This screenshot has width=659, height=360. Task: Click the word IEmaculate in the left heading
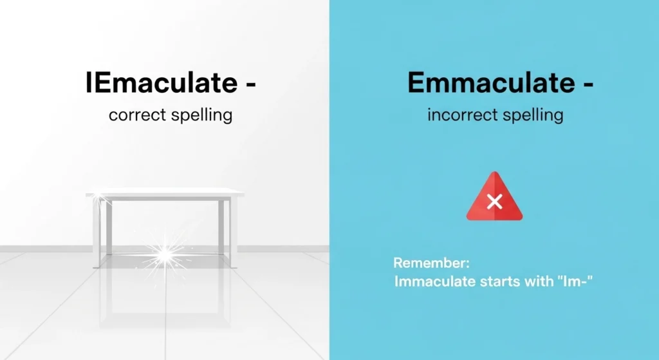162,84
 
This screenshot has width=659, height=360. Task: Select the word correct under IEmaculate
136,116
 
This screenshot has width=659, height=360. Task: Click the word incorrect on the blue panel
462,116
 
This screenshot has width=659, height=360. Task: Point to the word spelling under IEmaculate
200,117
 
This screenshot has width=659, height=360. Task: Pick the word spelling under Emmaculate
531,117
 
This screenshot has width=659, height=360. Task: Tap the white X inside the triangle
494,202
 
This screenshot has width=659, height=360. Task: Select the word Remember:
432,263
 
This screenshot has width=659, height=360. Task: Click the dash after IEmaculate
248,86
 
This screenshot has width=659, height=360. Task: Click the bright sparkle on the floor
165,255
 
